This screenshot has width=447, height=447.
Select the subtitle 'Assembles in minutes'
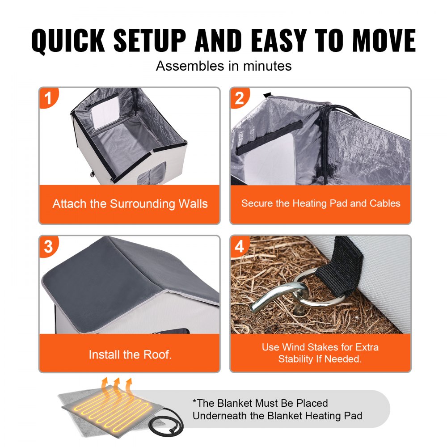(x=223, y=66)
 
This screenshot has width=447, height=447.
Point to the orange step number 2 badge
(x=240, y=97)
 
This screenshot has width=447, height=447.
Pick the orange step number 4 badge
(x=240, y=246)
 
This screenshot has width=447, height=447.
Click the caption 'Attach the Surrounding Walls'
(x=130, y=204)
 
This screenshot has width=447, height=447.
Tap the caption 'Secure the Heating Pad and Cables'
(x=320, y=203)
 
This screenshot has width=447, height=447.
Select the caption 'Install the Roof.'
(x=130, y=355)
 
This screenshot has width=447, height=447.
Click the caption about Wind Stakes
(x=320, y=353)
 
